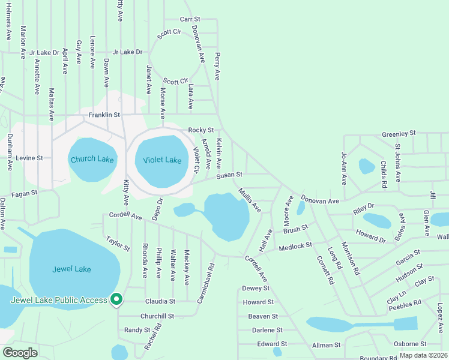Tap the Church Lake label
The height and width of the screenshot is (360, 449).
[x=92, y=159]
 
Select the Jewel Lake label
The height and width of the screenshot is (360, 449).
[x=71, y=269]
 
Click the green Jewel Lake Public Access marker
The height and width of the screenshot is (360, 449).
[x=116, y=299]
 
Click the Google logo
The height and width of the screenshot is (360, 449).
[x=19, y=352]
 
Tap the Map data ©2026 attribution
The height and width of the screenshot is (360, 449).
[x=423, y=355]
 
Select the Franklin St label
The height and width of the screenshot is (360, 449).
[x=104, y=114]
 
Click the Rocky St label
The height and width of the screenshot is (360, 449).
[x=200, y=130]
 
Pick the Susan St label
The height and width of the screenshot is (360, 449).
[x=229, y=175]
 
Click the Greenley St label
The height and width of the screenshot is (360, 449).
[x=399, y=133]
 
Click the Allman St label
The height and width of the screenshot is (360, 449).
[x=327, y=345]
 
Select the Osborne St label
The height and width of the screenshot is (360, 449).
[x=410, y=344]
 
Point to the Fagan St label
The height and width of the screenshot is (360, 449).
[x=24, y=193]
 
